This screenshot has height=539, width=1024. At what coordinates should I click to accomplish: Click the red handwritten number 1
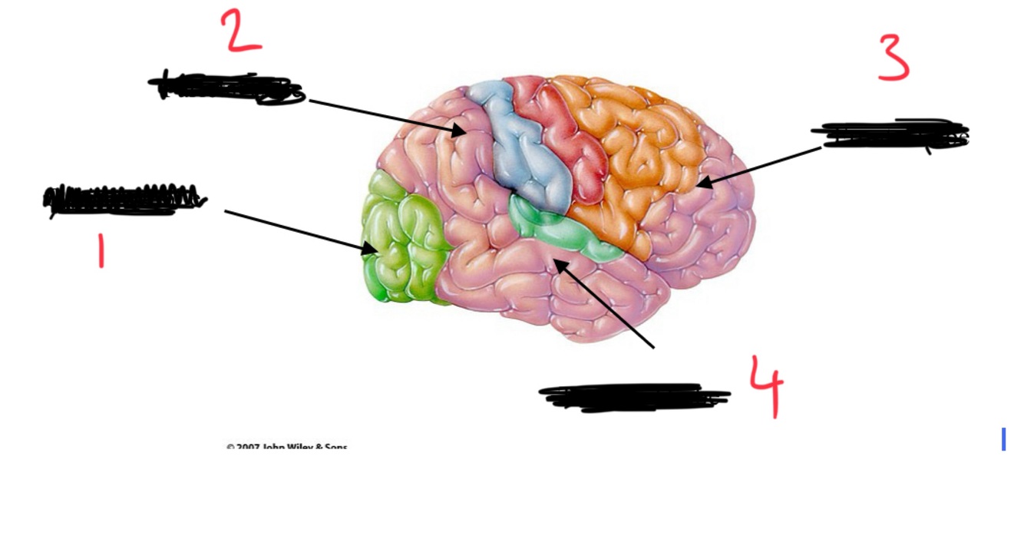point(101,251)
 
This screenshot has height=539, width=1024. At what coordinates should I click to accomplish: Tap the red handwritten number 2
point(242,32)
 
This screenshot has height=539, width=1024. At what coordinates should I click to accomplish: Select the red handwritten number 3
point(894,58)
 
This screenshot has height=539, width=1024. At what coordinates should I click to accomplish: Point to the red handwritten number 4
point(767,385)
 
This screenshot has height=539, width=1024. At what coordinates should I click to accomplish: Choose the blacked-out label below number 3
point(890,135)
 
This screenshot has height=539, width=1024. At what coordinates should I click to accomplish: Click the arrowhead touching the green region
point(372,248)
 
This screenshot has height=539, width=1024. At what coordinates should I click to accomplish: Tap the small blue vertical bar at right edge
point(1003,439)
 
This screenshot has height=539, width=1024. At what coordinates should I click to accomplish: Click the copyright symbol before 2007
point(230,447)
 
